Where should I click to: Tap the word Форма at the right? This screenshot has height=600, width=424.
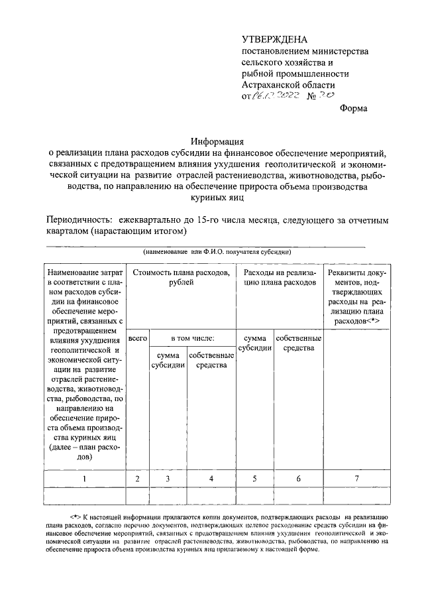(353, 108)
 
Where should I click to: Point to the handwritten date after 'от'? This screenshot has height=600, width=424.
(276, 96)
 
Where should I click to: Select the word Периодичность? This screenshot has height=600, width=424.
(77, 220)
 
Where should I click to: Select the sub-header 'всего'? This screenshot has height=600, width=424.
(138, 338)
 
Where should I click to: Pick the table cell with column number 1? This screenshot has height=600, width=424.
(84, 478)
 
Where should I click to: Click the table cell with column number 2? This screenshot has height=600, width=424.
(138, 478)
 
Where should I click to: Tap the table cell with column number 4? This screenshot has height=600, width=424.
(211, 478)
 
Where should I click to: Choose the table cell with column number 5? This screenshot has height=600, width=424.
(254, 478)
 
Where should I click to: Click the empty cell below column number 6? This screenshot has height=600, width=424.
(299, 496)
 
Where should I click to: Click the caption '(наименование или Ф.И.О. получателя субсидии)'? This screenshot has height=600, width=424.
(217, 252)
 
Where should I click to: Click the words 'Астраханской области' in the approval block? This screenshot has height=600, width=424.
(288, 85)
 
